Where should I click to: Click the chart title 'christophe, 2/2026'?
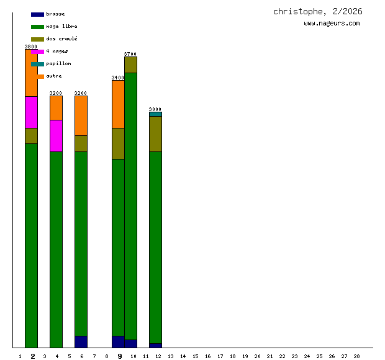coord(317,12)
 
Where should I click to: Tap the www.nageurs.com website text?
coord(332,24)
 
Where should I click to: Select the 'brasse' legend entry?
coord(55,14)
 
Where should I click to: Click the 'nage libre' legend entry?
coord(61,26)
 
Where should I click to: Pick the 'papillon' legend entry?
coord(58,63)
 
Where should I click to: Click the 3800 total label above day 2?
coord(31,47)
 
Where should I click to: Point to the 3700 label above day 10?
coord(130,54)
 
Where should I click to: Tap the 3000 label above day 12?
coord(155,109)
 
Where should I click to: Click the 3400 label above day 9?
coord(118,78)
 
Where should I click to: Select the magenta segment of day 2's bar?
coord(31,112)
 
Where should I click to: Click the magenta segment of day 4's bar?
coord(56,135)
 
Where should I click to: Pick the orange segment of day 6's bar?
coord(81,115)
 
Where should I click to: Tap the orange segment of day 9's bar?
coord(118,104)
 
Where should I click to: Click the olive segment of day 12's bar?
coord(155,134)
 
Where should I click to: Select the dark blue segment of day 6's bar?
coord(81,341)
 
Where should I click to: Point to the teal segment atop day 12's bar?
coord(155,114)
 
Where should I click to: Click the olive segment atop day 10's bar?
coord(130,65)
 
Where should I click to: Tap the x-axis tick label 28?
coord(356,356)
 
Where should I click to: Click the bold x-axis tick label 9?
coord(120,356)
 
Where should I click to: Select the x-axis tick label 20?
coord(257,356)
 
